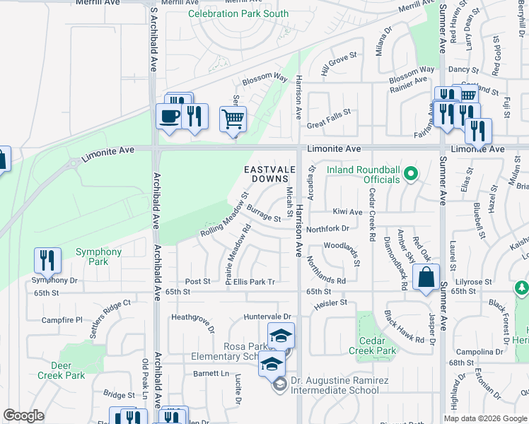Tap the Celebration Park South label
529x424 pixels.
pyautogui.click(x=228, y=14)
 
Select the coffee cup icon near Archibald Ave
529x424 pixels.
pyautogui.click(x=169, y=116)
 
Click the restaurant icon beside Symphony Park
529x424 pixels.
pyautogui.click(x=47, y=260)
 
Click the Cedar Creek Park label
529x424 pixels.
pyautogui.click(x=373, y=346)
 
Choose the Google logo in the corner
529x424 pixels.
pyautogui.click(x=23, y=416)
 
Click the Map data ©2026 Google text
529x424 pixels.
pyautogui.click(x=486, y=418)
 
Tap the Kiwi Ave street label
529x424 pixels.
pyautogui.click(x=347, y=211)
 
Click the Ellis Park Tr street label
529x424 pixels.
pyautogui.click(x=254, y=281)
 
